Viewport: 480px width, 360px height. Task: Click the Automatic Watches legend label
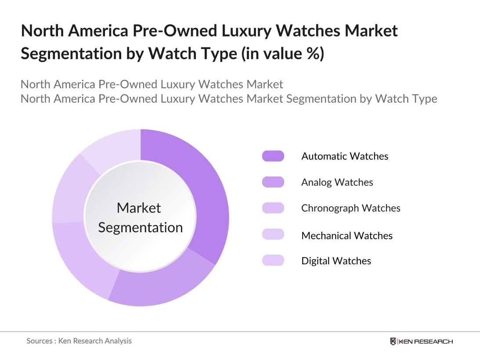pyautogui.click(x=345, y=156)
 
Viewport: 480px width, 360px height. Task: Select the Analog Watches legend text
pyautogui.click(x=337, y=182)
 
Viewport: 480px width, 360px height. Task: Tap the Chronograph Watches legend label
pyautogui.click(x=350, y=208)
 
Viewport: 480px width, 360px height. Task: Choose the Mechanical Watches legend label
pyautogui.click(x=346, y=236)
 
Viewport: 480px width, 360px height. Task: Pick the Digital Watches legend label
pyautogui.click(x=336, y=261)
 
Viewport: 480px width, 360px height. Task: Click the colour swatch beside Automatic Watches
pyautogui.click(x=273, y=156)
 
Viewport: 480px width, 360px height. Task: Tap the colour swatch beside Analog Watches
pyautogui.click(x=273, y=182)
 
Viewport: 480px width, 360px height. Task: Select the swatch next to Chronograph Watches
pyautogui.click(x=273, y=208)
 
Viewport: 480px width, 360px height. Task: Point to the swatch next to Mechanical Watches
pyautogui.click(x=273, y=234)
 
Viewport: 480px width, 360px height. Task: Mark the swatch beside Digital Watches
pyautogui.click(x=273, y=260)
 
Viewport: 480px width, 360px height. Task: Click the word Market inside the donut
pyautogui.click(x=139, y=208)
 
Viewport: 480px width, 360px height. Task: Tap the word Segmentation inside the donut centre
pyautogui.click(x=140, y=227)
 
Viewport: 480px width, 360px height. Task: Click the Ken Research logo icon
pyautogui.click(x=393, y=341)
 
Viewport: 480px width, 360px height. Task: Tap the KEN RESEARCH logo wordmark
pyautogui.click(x=426, y=342)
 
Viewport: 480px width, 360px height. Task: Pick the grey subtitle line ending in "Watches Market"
pyautogui.click(x=152, y=84)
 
